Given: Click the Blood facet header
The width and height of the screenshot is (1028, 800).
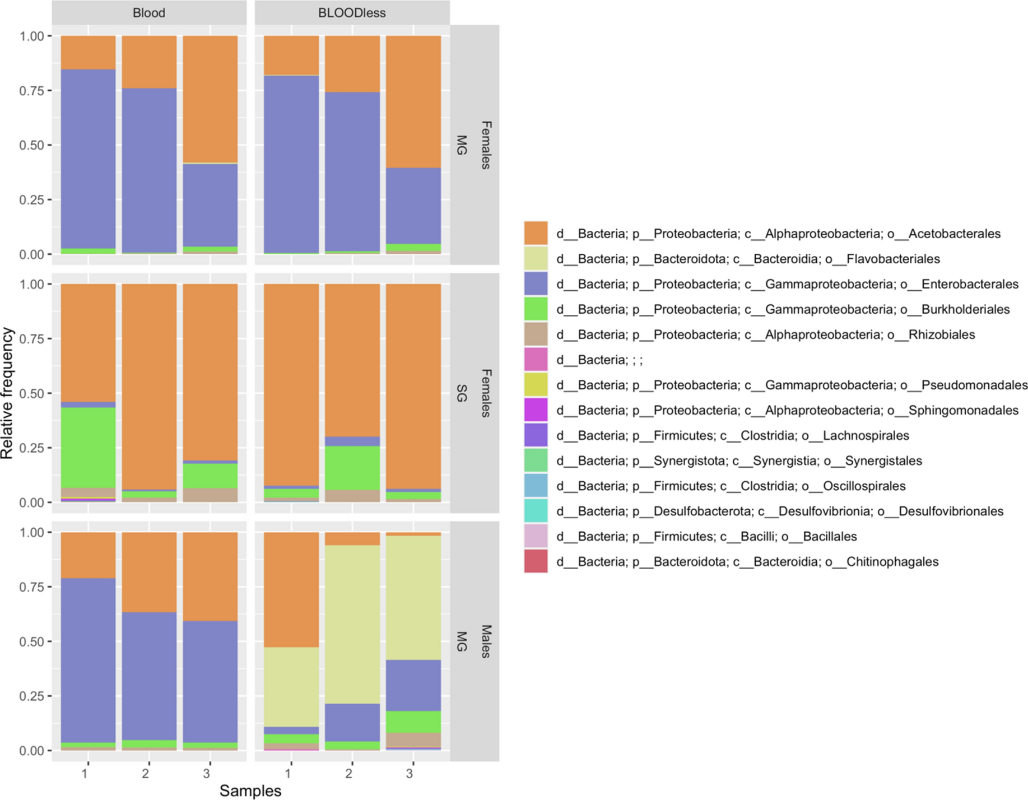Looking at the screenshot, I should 149,12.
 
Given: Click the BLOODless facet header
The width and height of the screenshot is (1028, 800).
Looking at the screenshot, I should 352,12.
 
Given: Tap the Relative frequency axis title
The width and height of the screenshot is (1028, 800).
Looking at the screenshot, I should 7,393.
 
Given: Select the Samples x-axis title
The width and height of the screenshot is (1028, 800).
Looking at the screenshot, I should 250,790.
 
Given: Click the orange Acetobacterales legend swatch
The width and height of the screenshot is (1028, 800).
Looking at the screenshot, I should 536,233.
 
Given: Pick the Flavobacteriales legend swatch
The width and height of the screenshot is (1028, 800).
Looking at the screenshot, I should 536,258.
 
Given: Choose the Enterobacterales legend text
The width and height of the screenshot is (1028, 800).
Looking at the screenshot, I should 787,284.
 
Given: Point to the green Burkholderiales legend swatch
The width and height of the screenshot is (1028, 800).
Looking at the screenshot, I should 536,309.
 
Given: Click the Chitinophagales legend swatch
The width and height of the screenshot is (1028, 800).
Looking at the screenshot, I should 536,561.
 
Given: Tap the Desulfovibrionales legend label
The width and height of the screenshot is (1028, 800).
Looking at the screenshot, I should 779,511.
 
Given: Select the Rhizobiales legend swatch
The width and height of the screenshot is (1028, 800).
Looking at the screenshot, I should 536,334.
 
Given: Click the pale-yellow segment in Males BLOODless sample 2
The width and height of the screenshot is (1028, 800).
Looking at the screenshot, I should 352,624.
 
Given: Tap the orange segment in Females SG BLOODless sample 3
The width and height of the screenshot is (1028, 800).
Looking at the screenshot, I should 413,386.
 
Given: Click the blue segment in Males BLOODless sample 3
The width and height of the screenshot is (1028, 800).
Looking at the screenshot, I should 413,685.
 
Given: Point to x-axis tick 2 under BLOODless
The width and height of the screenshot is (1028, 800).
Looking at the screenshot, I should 349,774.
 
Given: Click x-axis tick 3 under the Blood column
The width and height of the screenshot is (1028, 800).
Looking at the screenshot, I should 207,774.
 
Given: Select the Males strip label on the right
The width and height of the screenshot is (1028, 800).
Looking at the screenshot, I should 486,641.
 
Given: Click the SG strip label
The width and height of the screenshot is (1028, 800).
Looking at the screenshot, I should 461,393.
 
